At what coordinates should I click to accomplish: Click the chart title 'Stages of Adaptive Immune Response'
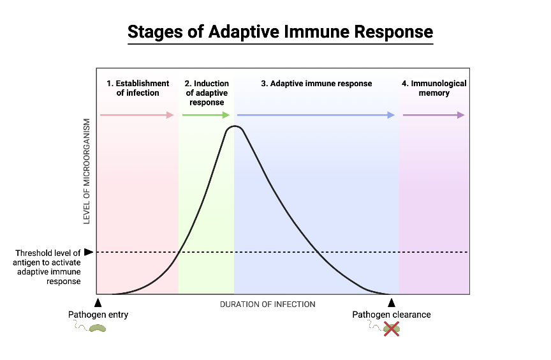(280, 32)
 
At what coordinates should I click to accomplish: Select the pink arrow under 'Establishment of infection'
(137, 115)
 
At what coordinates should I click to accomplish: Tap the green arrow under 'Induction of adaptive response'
(206, 115)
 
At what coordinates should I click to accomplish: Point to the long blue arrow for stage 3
(316, 115)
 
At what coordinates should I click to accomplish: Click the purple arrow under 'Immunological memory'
(434, 115)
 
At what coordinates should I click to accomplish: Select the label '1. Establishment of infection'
(138, 88)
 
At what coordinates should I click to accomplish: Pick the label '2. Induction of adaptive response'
(206, 93)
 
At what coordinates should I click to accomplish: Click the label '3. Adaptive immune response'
(316, 84)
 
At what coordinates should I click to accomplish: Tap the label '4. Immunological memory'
(434, 88)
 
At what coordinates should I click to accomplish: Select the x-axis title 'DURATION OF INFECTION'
(267, 304)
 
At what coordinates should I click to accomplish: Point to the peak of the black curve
(235, 126)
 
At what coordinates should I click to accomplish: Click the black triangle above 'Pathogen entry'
(98, 303)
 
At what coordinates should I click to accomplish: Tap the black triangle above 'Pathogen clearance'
(392, 303)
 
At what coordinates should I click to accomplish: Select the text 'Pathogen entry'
(98, 315)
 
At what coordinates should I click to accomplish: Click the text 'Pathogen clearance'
(392, 315)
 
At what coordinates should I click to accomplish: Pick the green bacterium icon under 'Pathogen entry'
(98, 328)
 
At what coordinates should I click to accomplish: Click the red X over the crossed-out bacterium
(391, 328)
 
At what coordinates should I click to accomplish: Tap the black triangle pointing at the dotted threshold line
(89, 252)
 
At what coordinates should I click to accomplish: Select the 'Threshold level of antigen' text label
(48, 267)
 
